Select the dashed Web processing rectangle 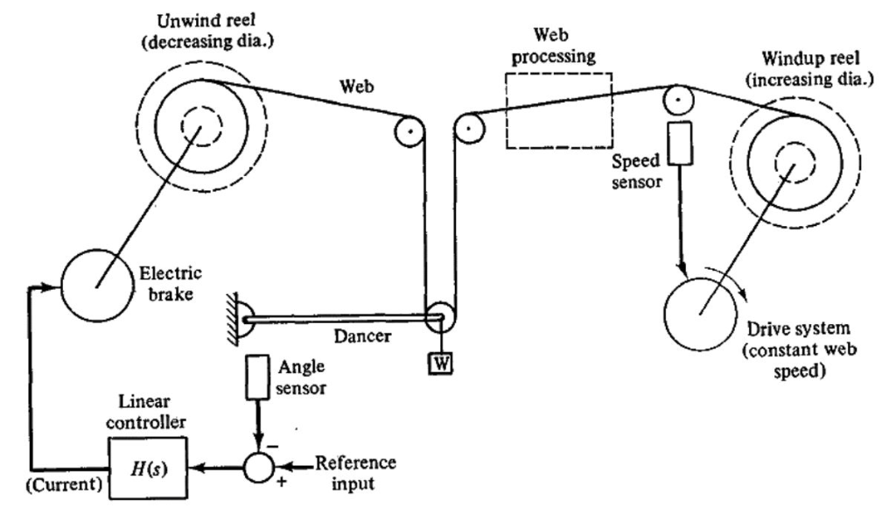point(557,110)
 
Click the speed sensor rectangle point(678,145)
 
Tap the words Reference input point(355,471)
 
